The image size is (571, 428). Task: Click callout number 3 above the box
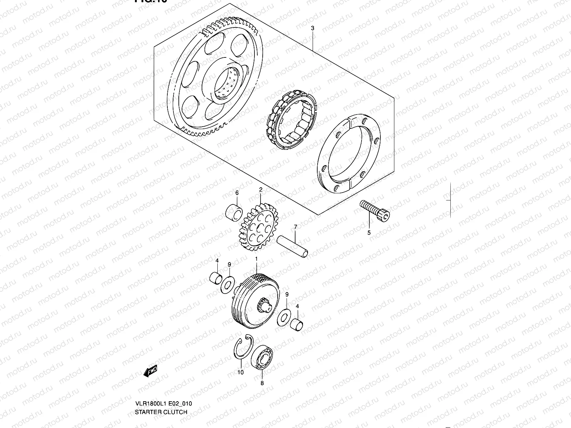pyautogui.click(x=313, y=28)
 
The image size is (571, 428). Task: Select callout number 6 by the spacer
pyautogui.click(x=236, y=193)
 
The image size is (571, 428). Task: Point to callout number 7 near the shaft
pyautogui.click(x=295, y=227)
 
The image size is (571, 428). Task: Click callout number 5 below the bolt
pyautogui.click(x=369, y=233)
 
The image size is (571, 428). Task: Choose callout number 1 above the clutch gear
pyautogui.click(x=256, y=258)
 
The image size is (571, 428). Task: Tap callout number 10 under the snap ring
pyautogui.click(x=241, y=372)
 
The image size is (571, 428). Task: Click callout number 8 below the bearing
pyautogui.click(x=262, y=383)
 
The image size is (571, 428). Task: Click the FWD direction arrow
pyautogui.click(x=150, y=372)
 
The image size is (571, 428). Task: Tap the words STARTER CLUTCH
pyautogui.click(x=161, y=412)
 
